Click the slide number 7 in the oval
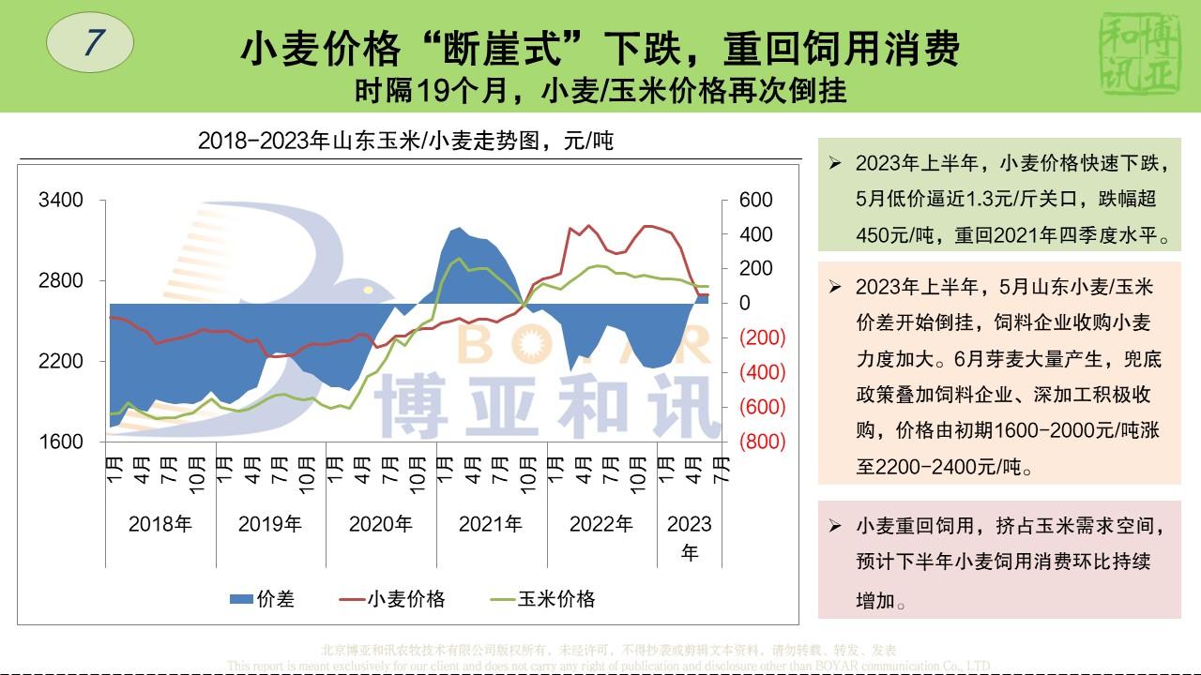point(90,43)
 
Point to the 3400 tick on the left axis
point(61,200)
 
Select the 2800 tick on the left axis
point(61,280)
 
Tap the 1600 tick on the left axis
point(61,442)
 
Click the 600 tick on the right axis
point(756,200)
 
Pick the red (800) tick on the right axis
point(762,442)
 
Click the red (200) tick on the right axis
point(762,337)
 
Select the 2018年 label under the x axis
point(160,524)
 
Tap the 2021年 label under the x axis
point(491,524)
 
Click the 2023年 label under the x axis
point(690,537)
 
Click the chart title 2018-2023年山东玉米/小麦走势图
point(405,142)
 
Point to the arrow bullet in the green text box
point(834,163)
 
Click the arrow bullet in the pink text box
point(834,526)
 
